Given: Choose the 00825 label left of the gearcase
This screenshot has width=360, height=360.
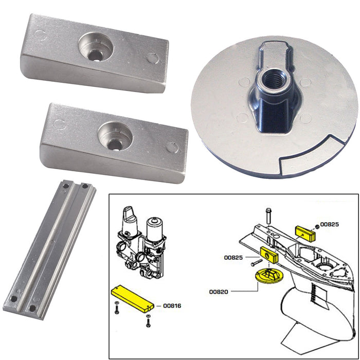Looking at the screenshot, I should [x=233, y=257].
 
